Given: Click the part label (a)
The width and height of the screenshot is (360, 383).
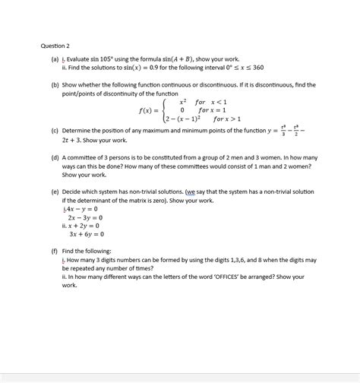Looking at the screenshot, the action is click(x=55, y=58).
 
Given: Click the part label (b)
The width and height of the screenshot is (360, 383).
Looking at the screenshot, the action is click(x=55, y=86).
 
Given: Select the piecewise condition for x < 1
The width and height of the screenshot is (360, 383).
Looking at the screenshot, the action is click(x=211, y=101).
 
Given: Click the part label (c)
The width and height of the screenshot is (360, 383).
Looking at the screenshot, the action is click(x=55, y=131).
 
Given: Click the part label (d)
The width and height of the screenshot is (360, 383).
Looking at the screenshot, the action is click(x=55, y=158).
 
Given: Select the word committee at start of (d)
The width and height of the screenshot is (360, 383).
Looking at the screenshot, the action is click(x=85, y=158).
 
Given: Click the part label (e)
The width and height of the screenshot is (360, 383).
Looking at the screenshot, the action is click(x=55, y=192).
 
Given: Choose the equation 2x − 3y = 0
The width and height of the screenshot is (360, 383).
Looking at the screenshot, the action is click(x=85, y=217).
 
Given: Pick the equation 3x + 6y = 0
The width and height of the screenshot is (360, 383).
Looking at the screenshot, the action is click(x=85, y=234).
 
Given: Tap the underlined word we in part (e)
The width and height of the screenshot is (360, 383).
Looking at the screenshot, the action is click(x=189, y=192).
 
